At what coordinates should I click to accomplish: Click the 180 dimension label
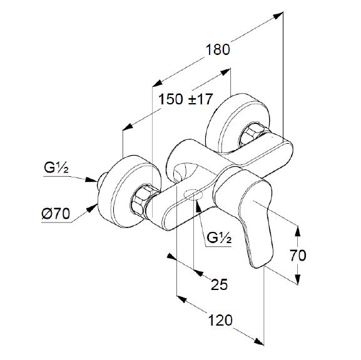[x=218, y=49]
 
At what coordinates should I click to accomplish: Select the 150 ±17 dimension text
[x=185, y=99]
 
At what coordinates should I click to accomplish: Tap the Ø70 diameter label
[x=56, y=214]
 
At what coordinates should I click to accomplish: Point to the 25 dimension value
[x=219, y=284]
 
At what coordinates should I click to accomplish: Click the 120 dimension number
[x=220, y=320]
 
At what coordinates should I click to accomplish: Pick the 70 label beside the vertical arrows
[x=298, y=256]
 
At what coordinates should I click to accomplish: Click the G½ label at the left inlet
[x=56, y=167]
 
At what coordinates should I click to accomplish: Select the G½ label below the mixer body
[x=219, y=238]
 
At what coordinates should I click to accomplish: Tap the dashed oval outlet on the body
[x=193, y=194]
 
